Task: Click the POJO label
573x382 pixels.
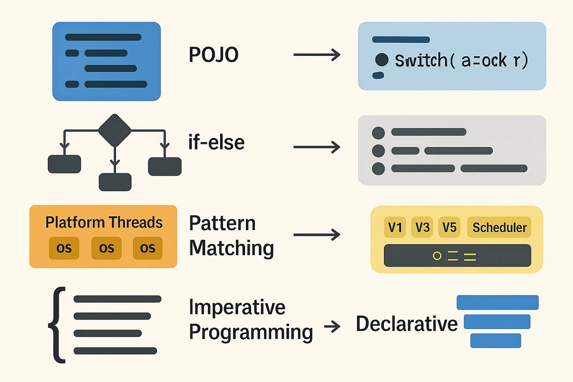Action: (x=213, y=55)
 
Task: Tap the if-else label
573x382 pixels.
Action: (x=217, y=142)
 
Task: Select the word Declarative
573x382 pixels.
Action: (x=406, y=324)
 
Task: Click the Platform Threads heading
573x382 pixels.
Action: (x=104, y=222)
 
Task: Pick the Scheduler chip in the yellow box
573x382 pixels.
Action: (x=499, y=228)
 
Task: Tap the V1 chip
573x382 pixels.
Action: (x=395, y=228)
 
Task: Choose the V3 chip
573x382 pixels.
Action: (x=422, y=228)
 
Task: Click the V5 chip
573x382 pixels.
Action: (x=449, y=228)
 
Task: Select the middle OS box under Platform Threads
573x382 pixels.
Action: (x=106, y=248)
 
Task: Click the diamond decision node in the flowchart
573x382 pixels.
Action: (x=115, y=130)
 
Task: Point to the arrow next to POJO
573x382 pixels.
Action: (x=316, y=55)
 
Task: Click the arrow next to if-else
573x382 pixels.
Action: (x=316, y=147)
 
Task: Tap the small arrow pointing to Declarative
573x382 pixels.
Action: (x=332, y=327)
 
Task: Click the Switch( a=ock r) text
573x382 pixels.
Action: (x=461, y=61)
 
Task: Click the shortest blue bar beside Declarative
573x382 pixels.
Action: (x=496, y=340)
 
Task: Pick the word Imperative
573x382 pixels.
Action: (x=237, y=307)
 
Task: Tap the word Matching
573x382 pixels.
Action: (x=231, y=248)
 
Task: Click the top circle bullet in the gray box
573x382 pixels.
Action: (x=378, y=132)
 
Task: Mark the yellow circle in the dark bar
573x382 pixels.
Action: (x=436, y=256)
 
